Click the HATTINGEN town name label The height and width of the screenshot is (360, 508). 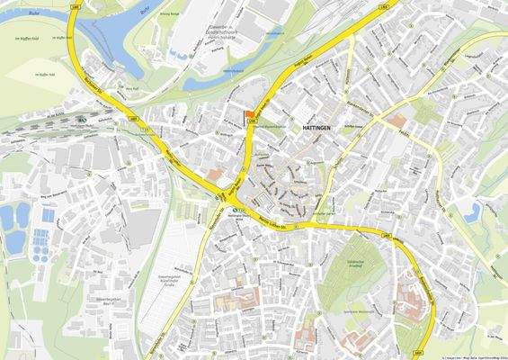(x=311, y=129)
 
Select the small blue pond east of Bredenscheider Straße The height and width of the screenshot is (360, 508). (x=473, y=212)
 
